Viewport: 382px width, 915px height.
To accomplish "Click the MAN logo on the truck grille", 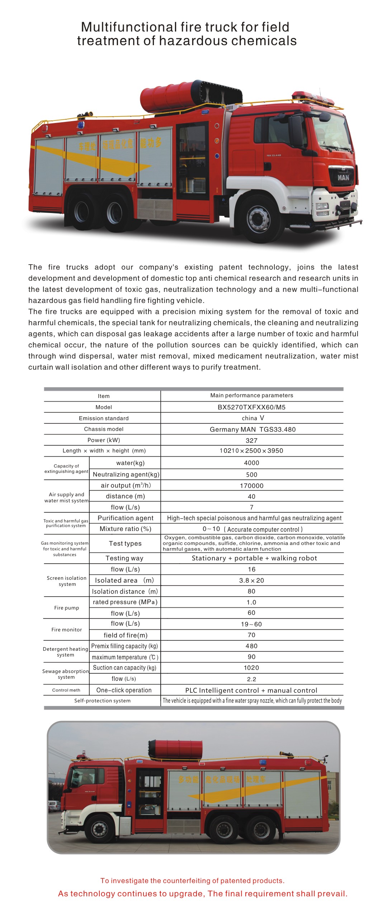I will [343, 177].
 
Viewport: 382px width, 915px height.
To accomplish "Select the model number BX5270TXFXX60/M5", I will [251, 407].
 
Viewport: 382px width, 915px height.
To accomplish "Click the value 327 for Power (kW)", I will [251, 440].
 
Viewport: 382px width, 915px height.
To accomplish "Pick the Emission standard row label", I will [104, 418].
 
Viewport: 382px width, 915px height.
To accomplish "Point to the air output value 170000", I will [251, 485].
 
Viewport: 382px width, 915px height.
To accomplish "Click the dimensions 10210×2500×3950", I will [251, 451].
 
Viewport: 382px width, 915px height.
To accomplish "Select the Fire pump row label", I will [67, 608].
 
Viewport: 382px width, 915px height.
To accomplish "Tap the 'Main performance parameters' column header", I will [251, 395].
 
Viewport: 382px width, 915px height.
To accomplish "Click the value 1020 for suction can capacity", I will [251, 668].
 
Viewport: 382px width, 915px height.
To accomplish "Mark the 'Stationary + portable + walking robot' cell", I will [254, 558].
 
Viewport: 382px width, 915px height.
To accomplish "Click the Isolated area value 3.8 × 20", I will [251, 580].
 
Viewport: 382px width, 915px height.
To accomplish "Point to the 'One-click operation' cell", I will [124, 690].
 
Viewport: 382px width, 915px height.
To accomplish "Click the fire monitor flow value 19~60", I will [251, 624].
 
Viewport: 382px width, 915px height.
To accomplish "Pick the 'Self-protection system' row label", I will [102, 701].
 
